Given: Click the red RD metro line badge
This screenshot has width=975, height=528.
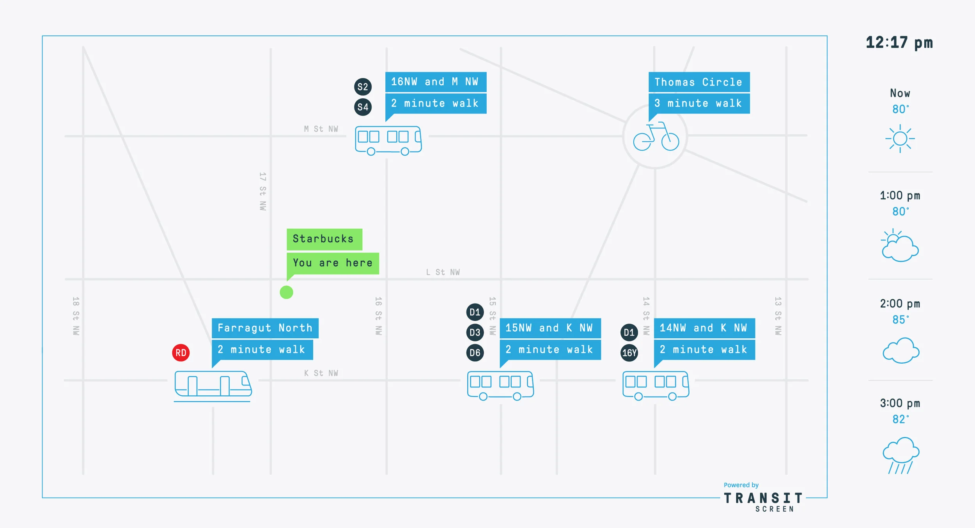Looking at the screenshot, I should pos(181,353).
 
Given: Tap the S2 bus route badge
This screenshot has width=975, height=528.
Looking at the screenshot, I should pos(363,87).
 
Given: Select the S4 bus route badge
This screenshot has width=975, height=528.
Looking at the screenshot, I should pos(363,107).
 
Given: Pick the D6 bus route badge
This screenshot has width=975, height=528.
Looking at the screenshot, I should pos(475,353).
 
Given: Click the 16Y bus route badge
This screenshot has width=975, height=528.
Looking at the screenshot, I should pos(629,353).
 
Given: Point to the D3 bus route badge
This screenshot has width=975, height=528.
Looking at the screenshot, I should pos(475,332).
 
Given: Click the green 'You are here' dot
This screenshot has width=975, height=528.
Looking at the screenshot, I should pos(286,292).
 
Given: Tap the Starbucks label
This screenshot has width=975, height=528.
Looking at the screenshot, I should pos(324,239).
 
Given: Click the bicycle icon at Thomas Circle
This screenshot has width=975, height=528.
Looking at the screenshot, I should pos(656,136).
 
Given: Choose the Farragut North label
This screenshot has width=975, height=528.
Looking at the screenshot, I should pos(265,328).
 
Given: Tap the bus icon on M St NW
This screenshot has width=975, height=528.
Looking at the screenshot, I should pos(388,140).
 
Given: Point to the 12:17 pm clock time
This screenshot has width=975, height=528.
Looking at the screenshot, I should pos(899,43).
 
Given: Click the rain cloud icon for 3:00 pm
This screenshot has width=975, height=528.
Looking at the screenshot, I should pos(901,455).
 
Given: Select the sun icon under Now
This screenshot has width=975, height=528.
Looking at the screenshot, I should pos(900,139).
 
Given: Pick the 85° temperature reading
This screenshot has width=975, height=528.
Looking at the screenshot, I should pos(901,320).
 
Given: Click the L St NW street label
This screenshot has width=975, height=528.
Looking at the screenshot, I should pos(443,272).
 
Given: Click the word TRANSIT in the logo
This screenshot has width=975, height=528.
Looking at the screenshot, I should pos(764,498).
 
